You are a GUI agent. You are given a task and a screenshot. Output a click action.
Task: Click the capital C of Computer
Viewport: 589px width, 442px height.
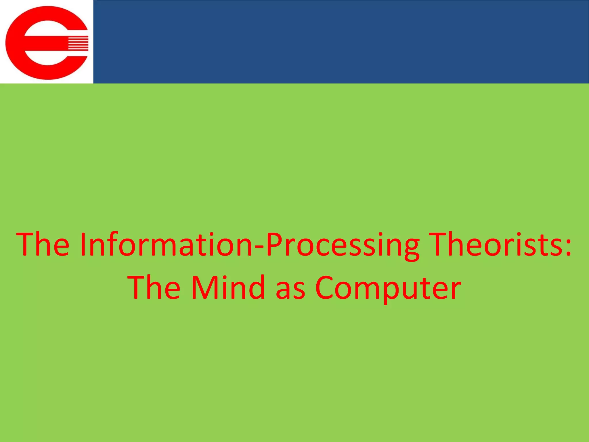(x=326, y=288)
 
